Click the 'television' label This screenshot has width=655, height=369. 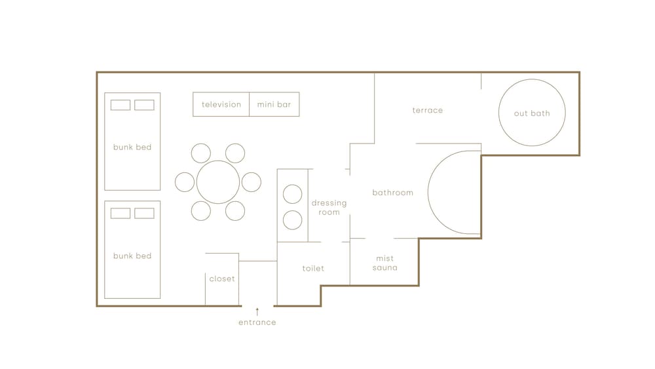click(x=221, y=104)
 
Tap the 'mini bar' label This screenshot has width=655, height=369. click(x=274, y=104)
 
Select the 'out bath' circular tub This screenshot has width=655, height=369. click(x=498, y=113)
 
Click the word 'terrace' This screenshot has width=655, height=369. click(x=427, y=110)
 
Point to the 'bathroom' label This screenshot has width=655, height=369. click(x=392, y=193)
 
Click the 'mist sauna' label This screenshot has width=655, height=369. click(x=384, y=263)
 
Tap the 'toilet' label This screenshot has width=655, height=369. click(x=313, y=268)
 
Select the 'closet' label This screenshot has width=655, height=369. click(x=222, y=279)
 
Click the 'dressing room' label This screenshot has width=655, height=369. click(x=329, y=208)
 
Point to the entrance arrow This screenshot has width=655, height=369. click(x=257, y=312)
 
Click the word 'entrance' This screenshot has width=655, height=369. click(x=257, y=322)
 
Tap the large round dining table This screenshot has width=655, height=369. click(x=218, y=161)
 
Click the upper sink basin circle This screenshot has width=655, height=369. click(x=292, y=185)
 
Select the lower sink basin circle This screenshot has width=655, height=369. click(x=292, y=211)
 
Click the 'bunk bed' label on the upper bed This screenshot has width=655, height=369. click(x=132, y=147)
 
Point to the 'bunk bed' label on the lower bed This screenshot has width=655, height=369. click(x=132, y=256)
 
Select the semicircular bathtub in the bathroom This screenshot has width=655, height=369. click(x=428, y=192)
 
